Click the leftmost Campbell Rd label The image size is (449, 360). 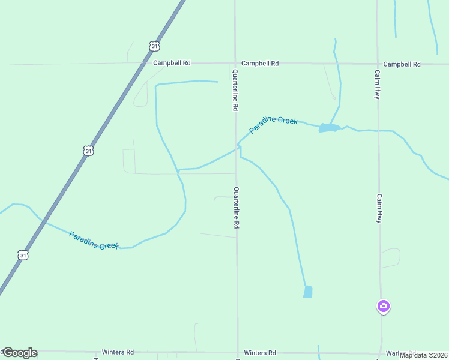click(172, 62)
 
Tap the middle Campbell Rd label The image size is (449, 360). click(260, 63)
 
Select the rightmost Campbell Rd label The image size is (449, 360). click(402, 64)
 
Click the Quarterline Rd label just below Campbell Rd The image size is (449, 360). click(236, 89)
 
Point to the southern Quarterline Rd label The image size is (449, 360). click(237, 208)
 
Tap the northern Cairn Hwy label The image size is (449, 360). click(378, 85)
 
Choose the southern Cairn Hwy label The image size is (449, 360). click(379, 209)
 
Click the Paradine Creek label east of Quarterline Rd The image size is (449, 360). click(273, 124)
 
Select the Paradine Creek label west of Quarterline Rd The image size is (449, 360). click(94, 240)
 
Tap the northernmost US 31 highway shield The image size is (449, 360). click(155, 46)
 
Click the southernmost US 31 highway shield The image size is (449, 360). click(23, 255)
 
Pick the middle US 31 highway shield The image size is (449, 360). click(88, 151)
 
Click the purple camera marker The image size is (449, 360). click(384, 307)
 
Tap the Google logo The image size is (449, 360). click(20, 353)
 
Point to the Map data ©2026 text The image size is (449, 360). click(423, 355)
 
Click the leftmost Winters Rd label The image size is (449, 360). click(117, 353)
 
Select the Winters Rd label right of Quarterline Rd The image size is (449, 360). click(260, 353)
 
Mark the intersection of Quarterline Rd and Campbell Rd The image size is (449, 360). click(235, 63)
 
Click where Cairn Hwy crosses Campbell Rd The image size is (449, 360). click(378, 64)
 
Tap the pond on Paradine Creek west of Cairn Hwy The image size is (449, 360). click(328, 127)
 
